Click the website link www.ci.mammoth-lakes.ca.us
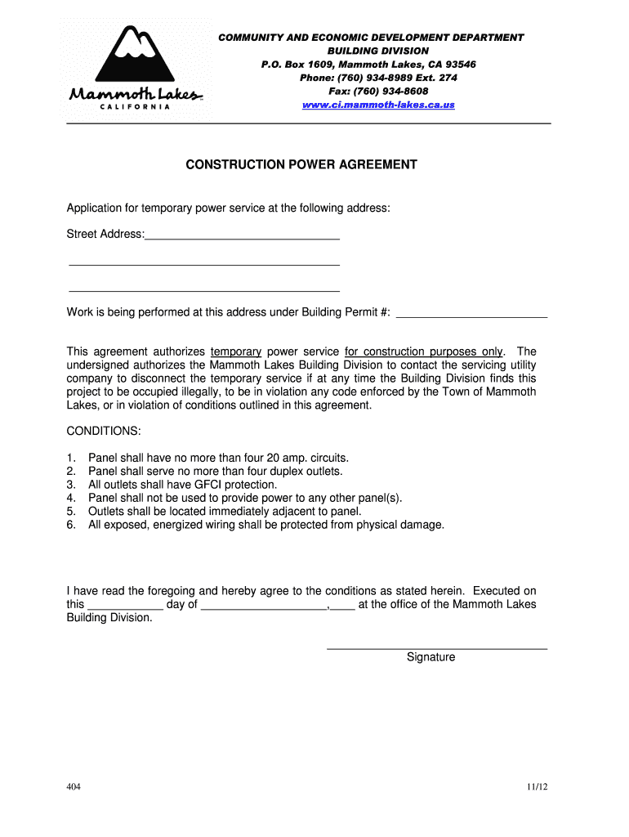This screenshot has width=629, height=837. (378, 105)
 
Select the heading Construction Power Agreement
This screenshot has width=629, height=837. (301, 164)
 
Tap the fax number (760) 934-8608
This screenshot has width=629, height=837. (378, 91)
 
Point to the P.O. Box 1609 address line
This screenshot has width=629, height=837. (368, 64)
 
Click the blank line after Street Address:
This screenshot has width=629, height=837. (242, 236)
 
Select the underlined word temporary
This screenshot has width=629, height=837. (236, 351)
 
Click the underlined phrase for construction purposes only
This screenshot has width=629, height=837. (424, 351)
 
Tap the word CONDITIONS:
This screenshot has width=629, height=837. (104, 431)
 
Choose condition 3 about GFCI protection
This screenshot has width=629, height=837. (182, 485)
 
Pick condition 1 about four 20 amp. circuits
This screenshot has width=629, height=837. (218, 458)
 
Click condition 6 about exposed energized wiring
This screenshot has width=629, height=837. (265, 525)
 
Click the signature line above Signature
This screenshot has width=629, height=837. (436, 648)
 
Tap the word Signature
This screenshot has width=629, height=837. (430, 657)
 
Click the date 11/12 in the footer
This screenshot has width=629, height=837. (537, 787)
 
